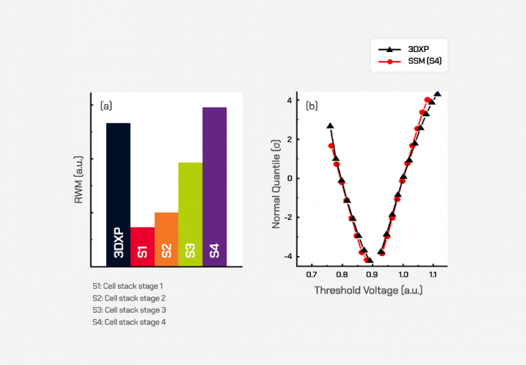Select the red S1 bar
click(142, 247)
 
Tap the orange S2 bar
click(166, 239)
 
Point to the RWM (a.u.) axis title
click(79, 180)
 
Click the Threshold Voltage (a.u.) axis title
click(368, 290)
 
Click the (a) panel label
click(106, 105)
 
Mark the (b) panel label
click(312, 105)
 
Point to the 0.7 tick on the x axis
click(312, 274)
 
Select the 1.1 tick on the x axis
click(434, 274)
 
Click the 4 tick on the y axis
click(290, 100)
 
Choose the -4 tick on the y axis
click(288, 257)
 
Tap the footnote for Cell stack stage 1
click(128, 286)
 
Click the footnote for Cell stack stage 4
click(129, 322)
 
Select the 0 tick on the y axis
click(290, 178)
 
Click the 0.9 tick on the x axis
click(373, 274)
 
